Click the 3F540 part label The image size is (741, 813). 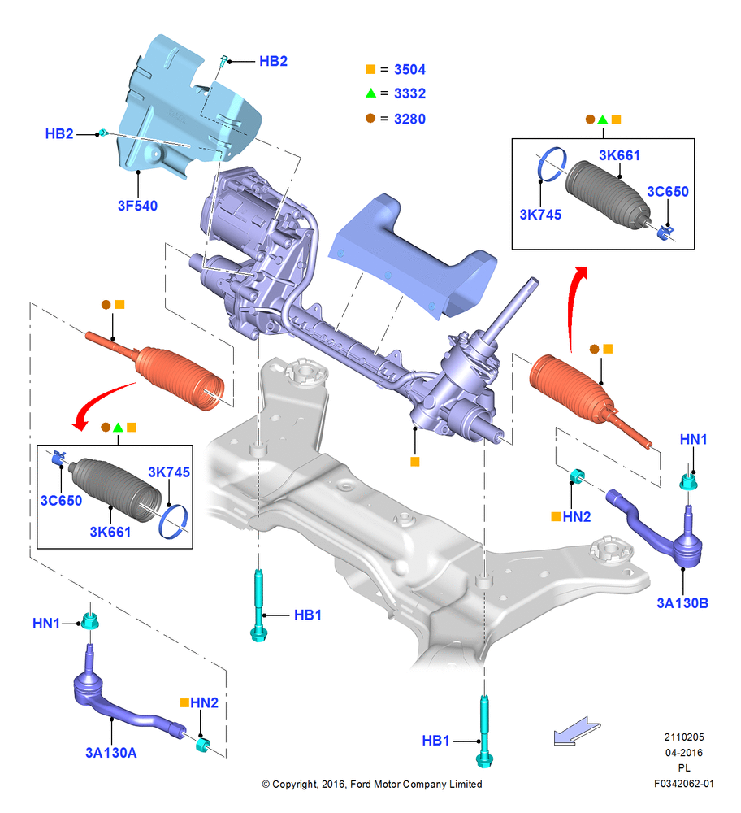pyautogui.click(x=137, y=206)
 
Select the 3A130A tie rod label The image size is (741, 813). pyautogui.click(x=110, y=752)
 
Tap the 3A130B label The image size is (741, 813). pyautogui.click(x=682, y=603)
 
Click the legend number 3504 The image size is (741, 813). pyautogui.click(x=409, y=69)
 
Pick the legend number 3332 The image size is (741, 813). pyautogui.click(x=409, y=93)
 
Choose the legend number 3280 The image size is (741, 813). pyautogui.click(x=409, y=119)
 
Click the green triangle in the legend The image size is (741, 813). pyautogui.click(x=370, y=93)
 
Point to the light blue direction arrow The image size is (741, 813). pyautogui.click(x=576, y=731)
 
